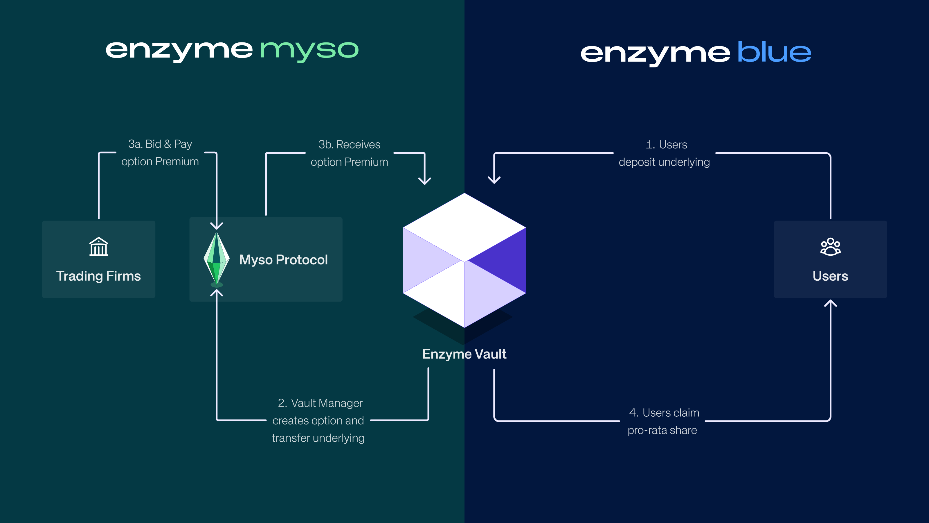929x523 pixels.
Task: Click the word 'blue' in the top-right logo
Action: tap(774, 52)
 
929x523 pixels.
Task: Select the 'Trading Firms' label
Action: tap(98, 276)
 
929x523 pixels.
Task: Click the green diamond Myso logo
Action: tap(216, 259)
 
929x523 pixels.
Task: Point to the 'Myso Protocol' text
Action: tap(283, 260)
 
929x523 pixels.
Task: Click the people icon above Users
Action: tap(830, 247)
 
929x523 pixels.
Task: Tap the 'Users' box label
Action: tap(830, 276)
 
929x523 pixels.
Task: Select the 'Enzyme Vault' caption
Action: tap(464, 354)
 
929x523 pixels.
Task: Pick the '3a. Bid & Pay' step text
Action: tap(160, 144)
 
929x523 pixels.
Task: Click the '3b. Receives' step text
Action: tap(349, 144)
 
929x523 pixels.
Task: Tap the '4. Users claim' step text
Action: tap(664, 413)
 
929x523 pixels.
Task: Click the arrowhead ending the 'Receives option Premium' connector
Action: tap(424, 180)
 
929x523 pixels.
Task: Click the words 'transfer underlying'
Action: tap(318, 438)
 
